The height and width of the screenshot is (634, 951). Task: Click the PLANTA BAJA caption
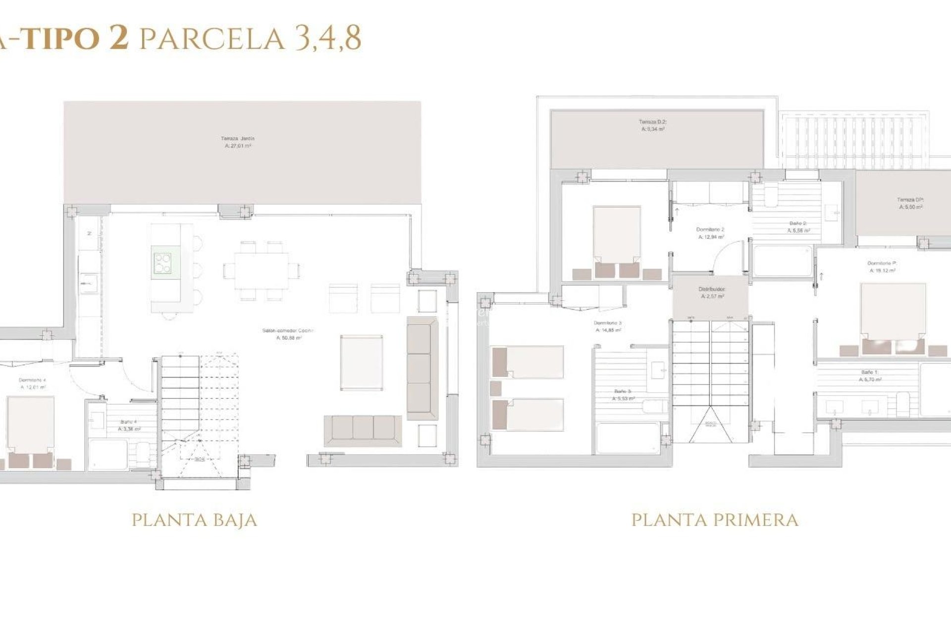(194, 520)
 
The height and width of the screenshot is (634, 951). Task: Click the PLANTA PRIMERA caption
(715, 520)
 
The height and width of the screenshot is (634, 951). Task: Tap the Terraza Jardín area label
(238, 142)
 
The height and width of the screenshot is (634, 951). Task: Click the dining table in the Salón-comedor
(262, 270)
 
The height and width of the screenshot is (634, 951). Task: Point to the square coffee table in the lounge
(362, 362)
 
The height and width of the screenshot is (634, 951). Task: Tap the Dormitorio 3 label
(608, 326)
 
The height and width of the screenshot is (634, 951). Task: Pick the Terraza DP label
(910, 204)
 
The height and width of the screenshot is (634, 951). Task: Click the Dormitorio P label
(882, 267)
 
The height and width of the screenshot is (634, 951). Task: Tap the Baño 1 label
(870, 375)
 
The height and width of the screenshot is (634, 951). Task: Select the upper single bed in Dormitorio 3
(528, 362)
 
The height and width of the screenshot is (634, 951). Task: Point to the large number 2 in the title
(118, 38)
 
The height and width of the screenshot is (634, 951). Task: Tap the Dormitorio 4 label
(32, 384)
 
